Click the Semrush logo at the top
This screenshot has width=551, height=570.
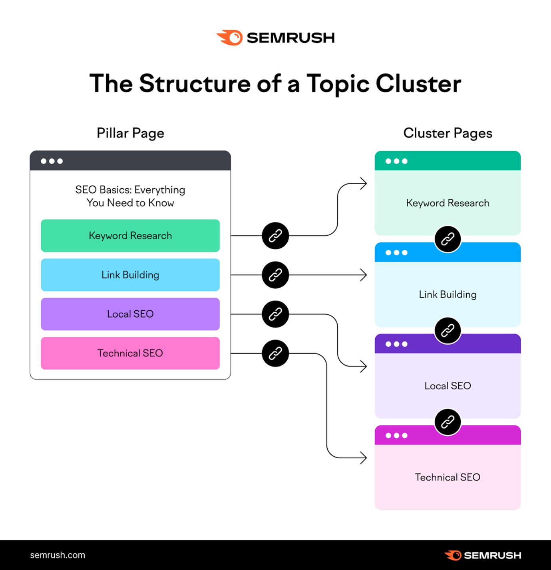pyautogui.click(x=275, y=38)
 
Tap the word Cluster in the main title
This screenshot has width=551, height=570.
pyautogui.click(x=418, y=84)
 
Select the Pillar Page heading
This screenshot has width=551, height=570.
pyautogui.click(x=130, y=133)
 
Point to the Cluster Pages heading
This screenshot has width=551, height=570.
pyautogui.click(x=448, y=133)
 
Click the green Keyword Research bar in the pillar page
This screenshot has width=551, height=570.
pyautogui.click(x=130, y=236)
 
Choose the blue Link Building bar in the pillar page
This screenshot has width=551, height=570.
pyautogui.click(x=130, y=275)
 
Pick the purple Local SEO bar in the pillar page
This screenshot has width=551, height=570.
pyautogui.click(x=130, y=314)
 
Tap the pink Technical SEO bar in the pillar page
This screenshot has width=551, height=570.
pyautogui.click(x=130, y=353)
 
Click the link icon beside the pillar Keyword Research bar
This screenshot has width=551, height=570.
pyautogui.click(x=275, y=236)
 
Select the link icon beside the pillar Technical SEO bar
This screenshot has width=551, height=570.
pyautogui.click(x=275, y=353)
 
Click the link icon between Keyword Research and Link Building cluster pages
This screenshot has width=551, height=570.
pyautogui.click(x=448, y=239)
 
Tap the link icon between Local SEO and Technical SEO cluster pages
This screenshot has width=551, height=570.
pyautogui.click(x=448, y=422)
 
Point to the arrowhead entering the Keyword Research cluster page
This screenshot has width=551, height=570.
pyautogui.click(x=363, y=184)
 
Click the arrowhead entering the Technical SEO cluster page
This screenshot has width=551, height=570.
pyautogui.click(x=363, y=458)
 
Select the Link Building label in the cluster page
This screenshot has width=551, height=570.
pyautogui.click(x=448, y=294)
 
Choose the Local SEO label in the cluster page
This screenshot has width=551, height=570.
pyautogui.click(x=448, y=386)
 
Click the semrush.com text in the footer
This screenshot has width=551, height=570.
pyautogui.click(x=58, y=555)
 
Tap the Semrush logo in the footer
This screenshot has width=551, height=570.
pyautogui.click(x=483, y=555)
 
